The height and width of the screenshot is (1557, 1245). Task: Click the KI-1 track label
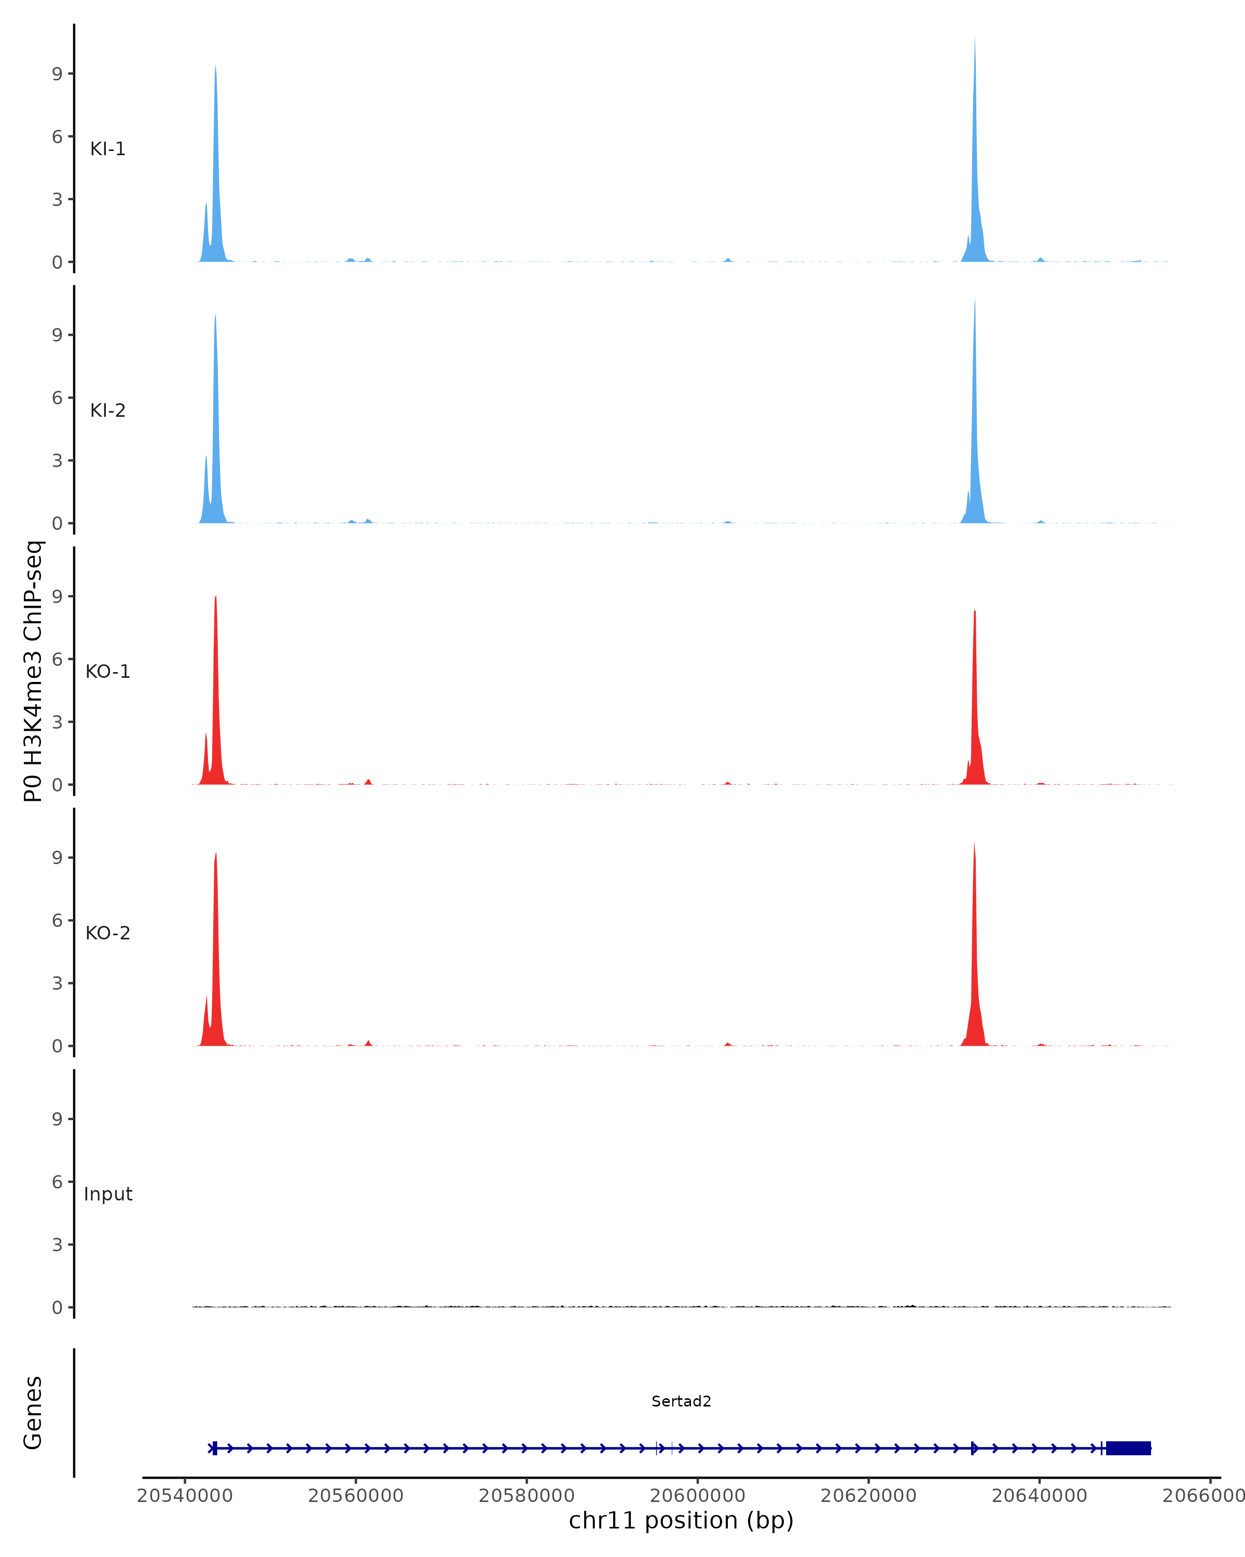(x=107, y=149)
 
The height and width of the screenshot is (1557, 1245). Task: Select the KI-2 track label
(x=107, y=410)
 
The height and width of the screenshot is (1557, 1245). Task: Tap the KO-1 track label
(x=107, y=672)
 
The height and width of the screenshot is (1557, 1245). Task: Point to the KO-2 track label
(x=107, y=933)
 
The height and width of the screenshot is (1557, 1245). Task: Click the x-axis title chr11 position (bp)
(x=681, y=1521)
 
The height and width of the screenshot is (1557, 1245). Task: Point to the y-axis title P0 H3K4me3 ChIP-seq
(x=33, y=671)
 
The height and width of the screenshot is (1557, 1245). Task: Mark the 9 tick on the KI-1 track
(x=58, y=74)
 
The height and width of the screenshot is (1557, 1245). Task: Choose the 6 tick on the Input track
(x=58, y=1181)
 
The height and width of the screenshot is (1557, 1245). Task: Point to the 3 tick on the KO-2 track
(x=58, y=983)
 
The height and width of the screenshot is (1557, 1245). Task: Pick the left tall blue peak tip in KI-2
(x=215, y=315)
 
